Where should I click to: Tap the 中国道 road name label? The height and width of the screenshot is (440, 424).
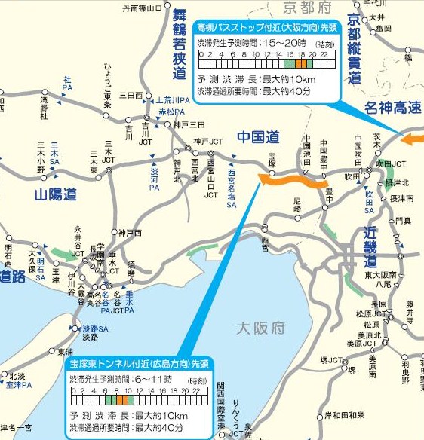[258, 138]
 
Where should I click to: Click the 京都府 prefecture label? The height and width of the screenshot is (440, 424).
[309, 8]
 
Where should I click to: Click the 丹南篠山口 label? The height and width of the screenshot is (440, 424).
[142, 9]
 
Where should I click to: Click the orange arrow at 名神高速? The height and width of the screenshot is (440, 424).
[413, 139]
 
